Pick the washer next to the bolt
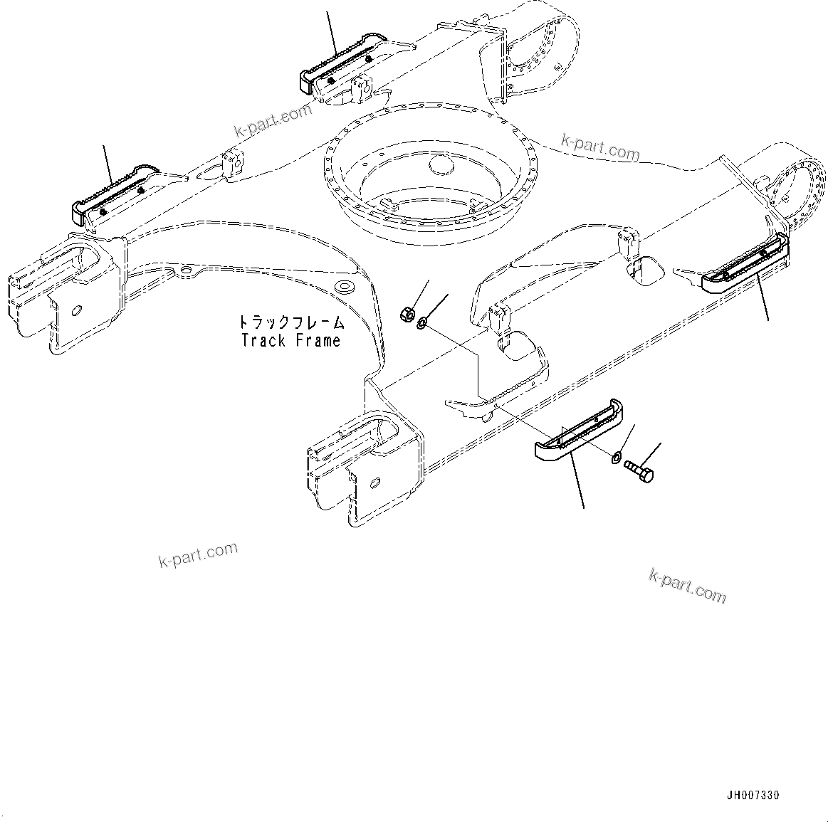pos(617,457)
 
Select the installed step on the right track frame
pos(745,267)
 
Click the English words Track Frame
pos(290,341)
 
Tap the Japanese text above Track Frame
pos(290,322)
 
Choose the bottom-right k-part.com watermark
pos(687,585)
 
